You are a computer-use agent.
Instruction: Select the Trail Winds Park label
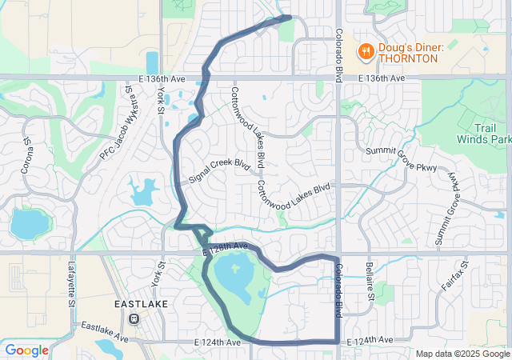click(482, 133)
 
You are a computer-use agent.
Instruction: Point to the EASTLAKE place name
click(141, 305)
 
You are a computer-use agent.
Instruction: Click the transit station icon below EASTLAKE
click(134, 318)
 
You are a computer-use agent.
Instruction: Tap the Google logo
click(26, 350)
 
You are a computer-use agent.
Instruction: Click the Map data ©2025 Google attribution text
click(462, 354)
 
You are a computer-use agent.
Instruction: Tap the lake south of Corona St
click(30, 224)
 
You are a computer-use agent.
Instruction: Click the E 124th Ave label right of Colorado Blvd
click(370, 342)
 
